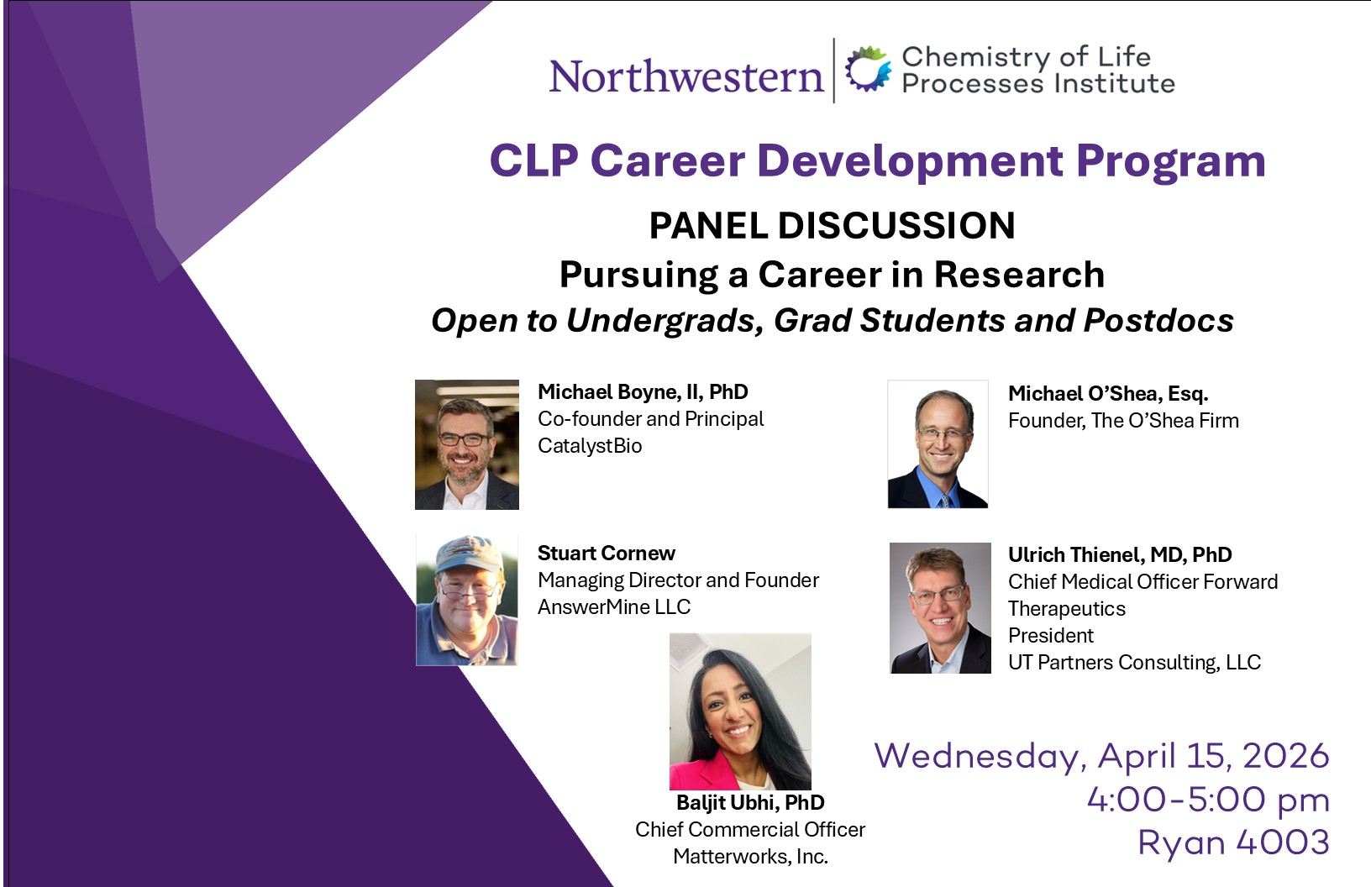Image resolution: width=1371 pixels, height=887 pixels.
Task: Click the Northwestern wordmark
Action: (685, 76)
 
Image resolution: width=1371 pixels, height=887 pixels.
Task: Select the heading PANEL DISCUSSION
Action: (832, 225)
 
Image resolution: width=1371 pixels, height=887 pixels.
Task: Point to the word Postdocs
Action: (1158, 320)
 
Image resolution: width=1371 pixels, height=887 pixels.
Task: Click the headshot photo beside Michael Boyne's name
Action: (467, 444)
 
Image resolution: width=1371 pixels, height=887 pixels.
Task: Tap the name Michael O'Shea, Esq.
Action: (1108, 394)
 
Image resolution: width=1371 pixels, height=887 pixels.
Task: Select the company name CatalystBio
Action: (590, 446)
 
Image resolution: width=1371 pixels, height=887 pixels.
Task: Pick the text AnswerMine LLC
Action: (614, 606)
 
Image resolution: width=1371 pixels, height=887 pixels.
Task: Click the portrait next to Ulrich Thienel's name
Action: (940, 608)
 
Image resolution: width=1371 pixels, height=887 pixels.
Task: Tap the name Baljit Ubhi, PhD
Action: (750, 802)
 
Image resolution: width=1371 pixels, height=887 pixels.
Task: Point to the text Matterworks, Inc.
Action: (750, 856)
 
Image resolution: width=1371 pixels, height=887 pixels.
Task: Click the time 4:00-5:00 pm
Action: (1208, 800)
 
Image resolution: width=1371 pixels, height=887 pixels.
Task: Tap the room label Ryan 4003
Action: (1233, 842)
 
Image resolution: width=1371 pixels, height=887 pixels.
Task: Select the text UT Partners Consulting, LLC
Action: (1134, 663)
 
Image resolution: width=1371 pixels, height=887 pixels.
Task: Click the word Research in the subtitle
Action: (1019, 274)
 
